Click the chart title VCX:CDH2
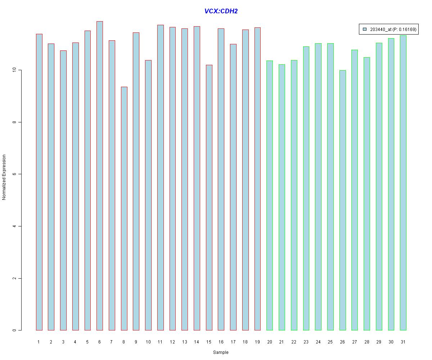pos(221,11)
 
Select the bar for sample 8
pos(124,209)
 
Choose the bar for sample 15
pos(209,198)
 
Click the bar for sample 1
pos(39,182)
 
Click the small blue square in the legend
pos(365,29)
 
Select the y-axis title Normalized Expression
pos(4,177)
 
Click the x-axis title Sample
pos(221,352)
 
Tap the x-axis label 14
pos(197,342)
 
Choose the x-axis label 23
pos(306,342)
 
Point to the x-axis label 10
pos(148,342)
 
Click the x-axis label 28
pos(367,342)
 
